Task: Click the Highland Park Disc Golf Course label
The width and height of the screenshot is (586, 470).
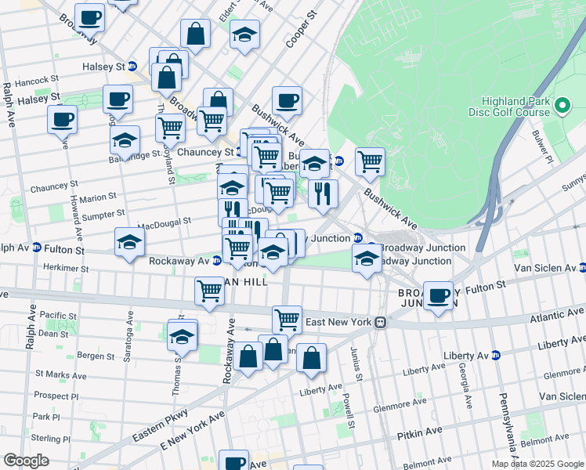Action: [x=515, y=107]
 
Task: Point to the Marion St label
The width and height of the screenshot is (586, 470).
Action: [x=96, y=197]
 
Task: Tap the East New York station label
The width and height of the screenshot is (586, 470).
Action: [x=337, y=322]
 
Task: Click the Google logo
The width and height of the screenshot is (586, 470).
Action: [x=26, y=461]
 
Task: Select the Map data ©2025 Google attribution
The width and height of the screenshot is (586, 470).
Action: [x=537, y=464]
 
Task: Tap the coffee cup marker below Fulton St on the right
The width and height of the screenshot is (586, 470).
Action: [x=439, y=296]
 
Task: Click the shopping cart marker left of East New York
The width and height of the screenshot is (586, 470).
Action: [x=288, y=319]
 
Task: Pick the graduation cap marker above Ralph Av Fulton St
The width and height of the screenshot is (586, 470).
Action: [x=129, y=241]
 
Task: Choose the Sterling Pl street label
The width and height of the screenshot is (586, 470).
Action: [x=52, y=439]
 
